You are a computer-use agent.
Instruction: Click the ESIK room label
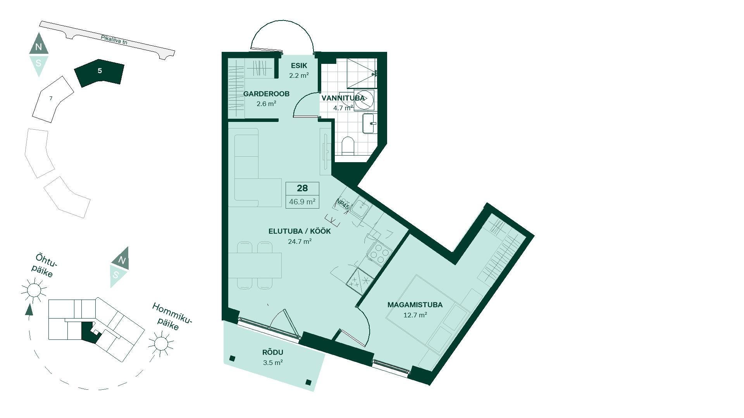coord(299,66)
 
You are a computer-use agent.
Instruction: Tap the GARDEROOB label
coord(266,94)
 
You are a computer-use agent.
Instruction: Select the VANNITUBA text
coord(343,98)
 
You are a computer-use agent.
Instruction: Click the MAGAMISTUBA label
coord(415,305)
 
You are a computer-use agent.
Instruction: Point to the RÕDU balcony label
coord(273,353)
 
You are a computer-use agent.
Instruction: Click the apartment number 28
coord(302,188)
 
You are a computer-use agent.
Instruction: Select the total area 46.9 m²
coord(302,202)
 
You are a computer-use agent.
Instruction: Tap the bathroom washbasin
coord(369,123)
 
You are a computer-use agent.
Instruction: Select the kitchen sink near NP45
coord(360,208)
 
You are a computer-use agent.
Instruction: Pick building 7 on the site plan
coord(52,99)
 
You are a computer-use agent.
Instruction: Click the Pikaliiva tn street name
coord(114,40)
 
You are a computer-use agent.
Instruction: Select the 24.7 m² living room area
coord(300,242)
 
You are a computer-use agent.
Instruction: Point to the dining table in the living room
coord(255,265)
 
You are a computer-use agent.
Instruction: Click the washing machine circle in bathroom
coord(364,100)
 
